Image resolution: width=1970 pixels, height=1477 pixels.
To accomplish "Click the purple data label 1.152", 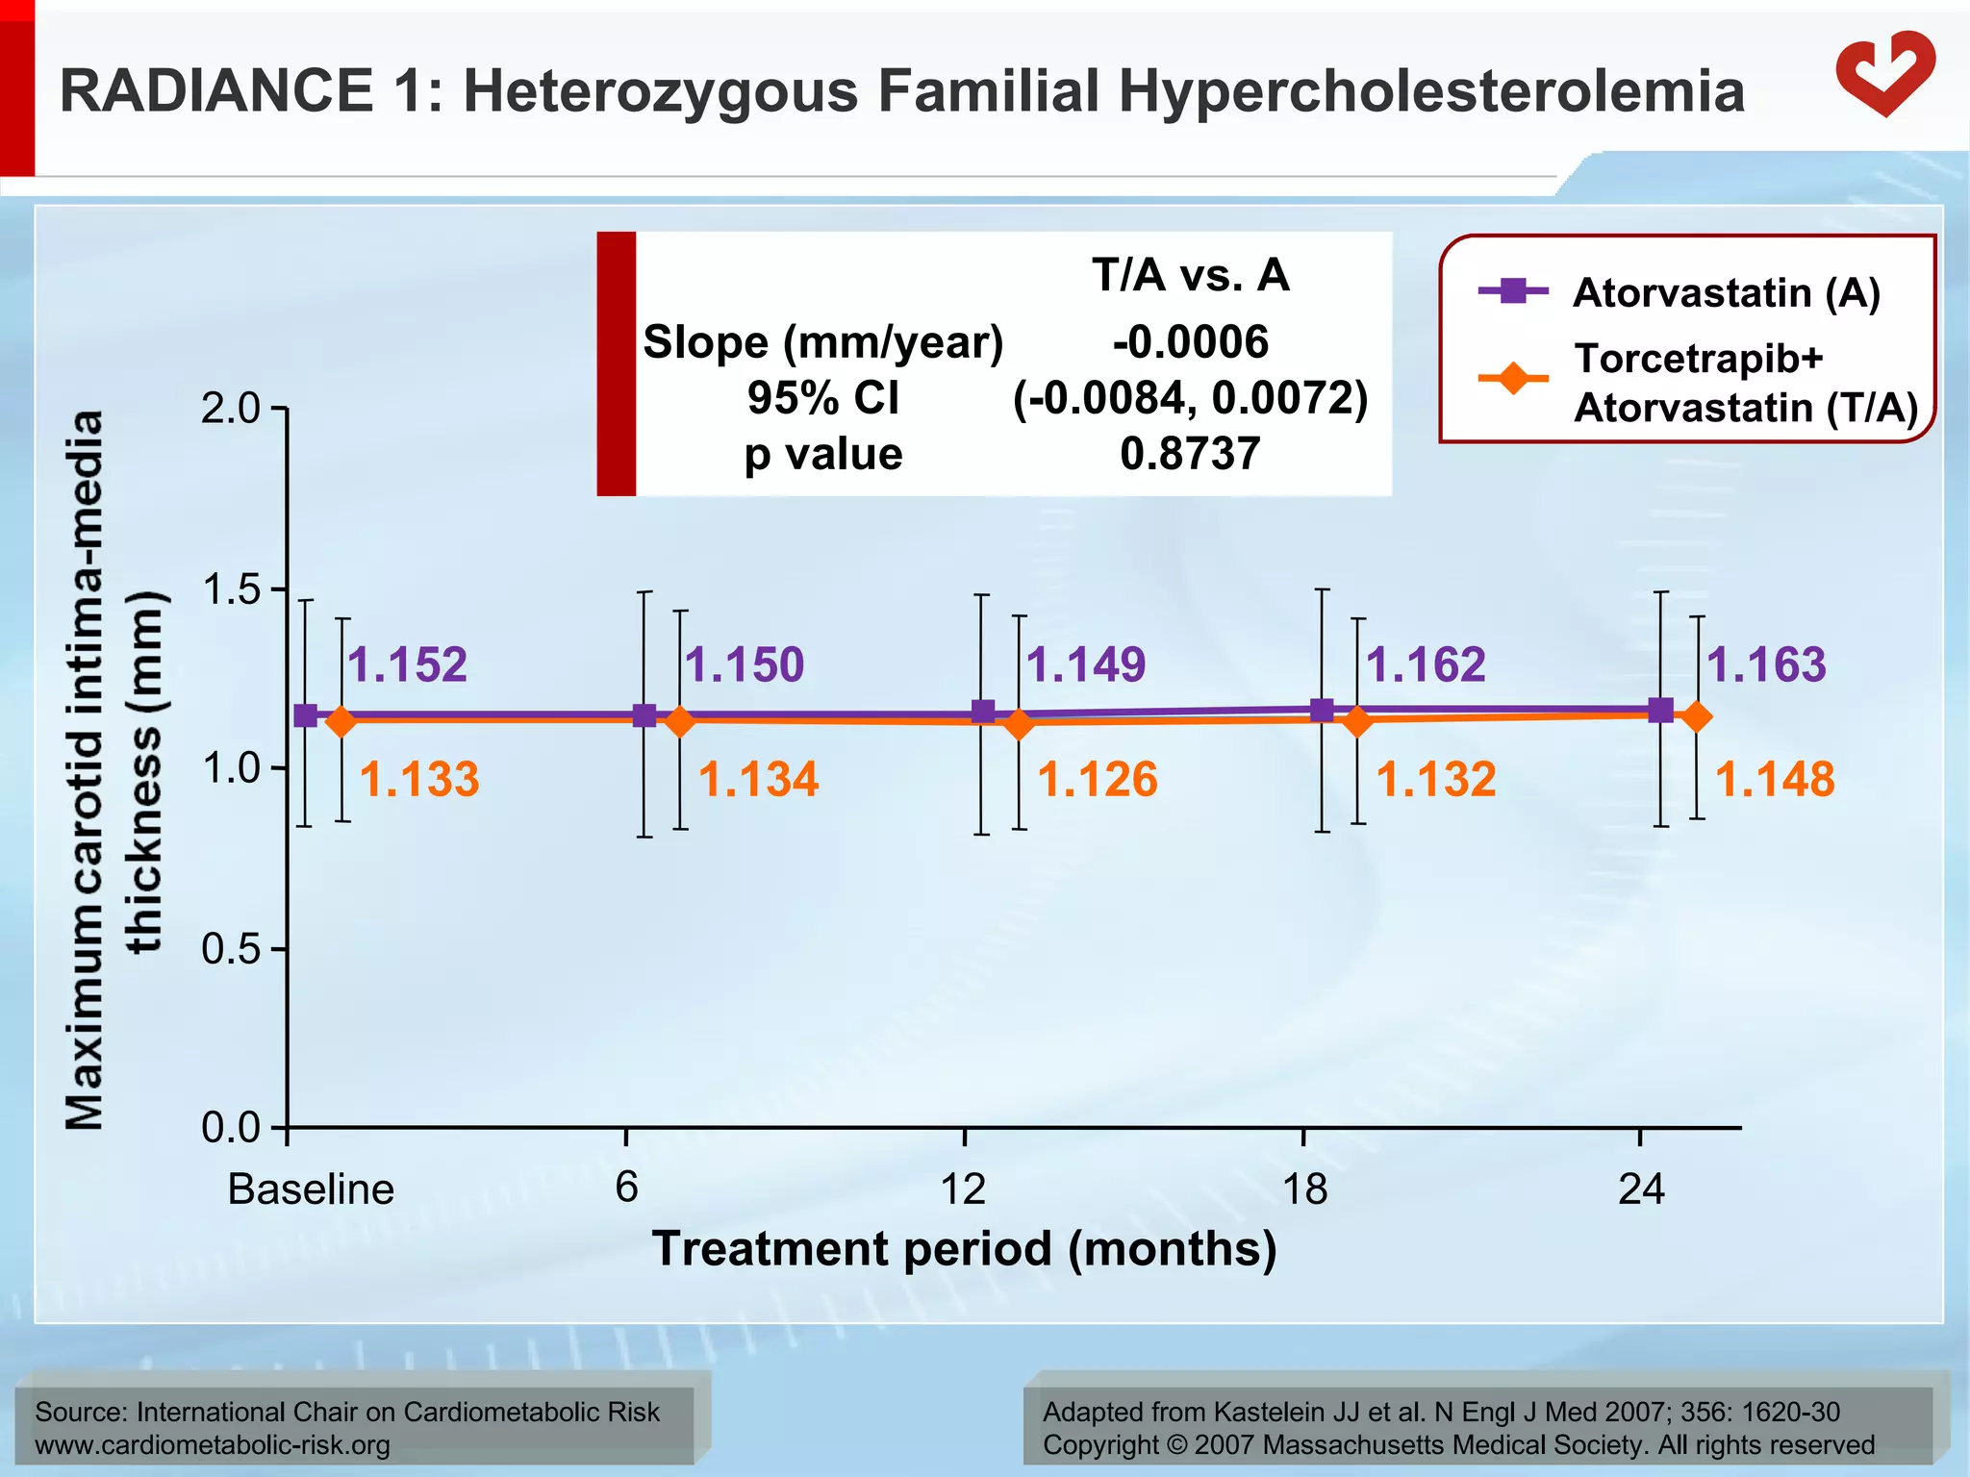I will click(x=407, y=664).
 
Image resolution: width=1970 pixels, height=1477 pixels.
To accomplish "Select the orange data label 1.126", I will click(x=1098, y=779).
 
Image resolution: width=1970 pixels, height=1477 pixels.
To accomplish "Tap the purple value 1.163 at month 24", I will click(x=1766, y=664).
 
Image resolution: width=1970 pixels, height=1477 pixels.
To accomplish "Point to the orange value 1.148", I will click(x=1775, y=779).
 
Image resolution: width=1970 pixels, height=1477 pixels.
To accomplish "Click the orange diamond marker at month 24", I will click(x=1698, y=716).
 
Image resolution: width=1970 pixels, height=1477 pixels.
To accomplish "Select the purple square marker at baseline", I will click(x=305, y=715).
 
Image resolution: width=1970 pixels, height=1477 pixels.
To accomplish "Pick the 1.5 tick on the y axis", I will click(x=231, y=589).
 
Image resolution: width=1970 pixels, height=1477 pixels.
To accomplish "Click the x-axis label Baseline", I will click(x=311, y=1189).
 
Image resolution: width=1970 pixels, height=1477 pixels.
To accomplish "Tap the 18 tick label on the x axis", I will click(x=1304, y=1189).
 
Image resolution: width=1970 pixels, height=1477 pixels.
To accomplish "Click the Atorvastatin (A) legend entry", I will click(x=1726, y=292).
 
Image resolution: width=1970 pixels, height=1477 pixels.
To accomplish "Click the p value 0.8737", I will click(x=1190, y=454).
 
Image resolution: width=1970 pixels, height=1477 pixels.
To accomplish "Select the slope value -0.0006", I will click(x=1190, y=342).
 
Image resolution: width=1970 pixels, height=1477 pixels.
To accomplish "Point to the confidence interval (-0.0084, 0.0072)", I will click(x=1190, y=398).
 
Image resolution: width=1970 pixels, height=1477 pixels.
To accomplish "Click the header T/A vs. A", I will click(x=1190, y=275).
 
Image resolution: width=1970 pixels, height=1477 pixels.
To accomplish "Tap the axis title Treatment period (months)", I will click(x=965, y=1249).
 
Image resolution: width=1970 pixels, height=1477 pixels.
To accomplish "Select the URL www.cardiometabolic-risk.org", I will click(x=212, y=1445).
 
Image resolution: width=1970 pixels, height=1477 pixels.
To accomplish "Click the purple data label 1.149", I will click(x=1086, y=664).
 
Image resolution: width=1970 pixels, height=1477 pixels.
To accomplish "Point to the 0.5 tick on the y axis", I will click(x=231, y=949).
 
